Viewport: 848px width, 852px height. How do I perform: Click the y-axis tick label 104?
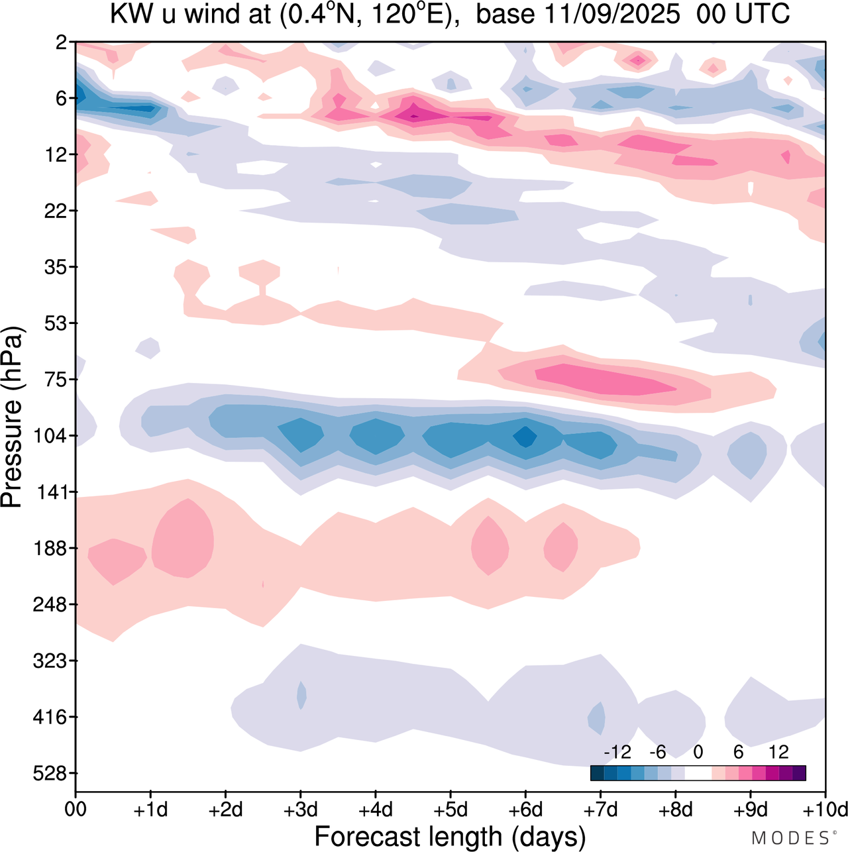[x=53, y=436]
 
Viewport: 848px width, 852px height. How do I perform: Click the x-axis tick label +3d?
[x=300, y=810]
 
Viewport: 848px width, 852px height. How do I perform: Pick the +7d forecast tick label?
[x=600, y=810]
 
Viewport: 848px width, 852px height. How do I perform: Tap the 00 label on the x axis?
[x=76, y=810]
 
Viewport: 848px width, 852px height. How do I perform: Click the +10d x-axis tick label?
[x=824, y=810]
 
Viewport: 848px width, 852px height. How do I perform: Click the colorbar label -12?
[x=617, y=752]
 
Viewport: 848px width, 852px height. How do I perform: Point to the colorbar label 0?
[x=698, y=752]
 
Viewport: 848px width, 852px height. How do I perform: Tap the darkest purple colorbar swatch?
[x=799, y=772]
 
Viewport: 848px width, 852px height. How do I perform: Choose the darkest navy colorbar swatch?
[x=597, y=772]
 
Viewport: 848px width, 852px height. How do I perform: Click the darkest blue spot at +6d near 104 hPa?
[x=525, y=437]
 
